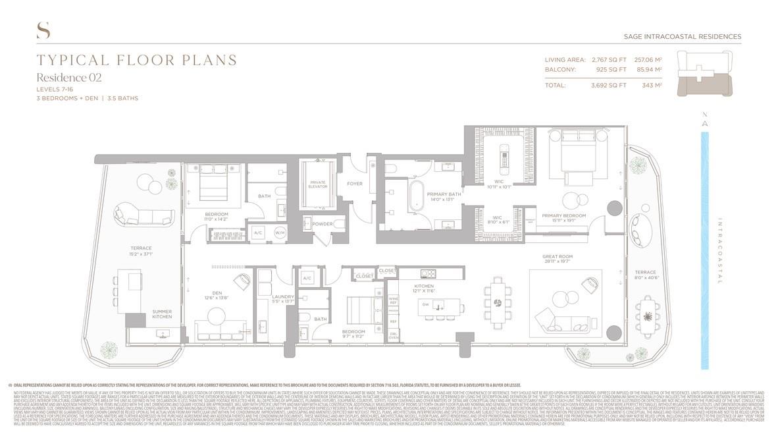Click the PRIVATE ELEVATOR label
[318, 184]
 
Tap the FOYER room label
[355, 184]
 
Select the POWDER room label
[322, 224]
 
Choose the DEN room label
[217, 292]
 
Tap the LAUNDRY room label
[283, 297]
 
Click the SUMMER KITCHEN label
[162, 314]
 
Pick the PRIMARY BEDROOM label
[563, 215]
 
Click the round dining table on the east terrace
[648, 317]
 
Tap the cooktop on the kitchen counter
[427, 274]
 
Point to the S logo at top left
[43, 30]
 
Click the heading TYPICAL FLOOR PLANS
[137, 61]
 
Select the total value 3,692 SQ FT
[609, 85]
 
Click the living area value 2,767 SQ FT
[609, 60]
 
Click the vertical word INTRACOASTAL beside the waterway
[720, 250]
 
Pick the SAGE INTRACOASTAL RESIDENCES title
[682, 37]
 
